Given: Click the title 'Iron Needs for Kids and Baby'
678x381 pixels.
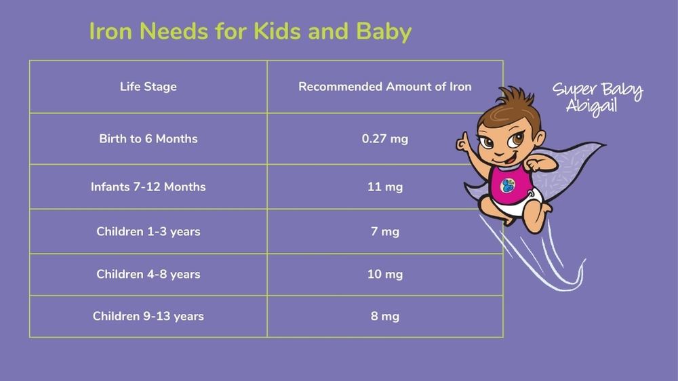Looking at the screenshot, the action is coord(250,32).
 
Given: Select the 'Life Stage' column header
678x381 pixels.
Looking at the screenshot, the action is coord(148,87).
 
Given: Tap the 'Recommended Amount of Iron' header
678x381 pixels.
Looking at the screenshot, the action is coord(385,87).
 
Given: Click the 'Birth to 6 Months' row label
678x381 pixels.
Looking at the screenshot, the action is coord(148,138).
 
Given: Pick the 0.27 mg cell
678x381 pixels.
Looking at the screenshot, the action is coord(385,139).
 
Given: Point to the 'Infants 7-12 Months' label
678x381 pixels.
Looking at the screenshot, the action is coord(148,187).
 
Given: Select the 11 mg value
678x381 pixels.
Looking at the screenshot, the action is coord(385,187).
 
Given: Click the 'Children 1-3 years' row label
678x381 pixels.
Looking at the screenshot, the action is coord(148,231).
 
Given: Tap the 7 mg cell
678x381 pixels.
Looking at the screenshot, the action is coord(385,231).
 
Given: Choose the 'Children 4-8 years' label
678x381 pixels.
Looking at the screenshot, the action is coord(148,274).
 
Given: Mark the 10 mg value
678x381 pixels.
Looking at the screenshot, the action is coord(385,274).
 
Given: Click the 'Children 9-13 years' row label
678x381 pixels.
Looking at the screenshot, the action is coord(148,316).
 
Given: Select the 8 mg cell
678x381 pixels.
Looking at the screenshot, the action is coord(385,316).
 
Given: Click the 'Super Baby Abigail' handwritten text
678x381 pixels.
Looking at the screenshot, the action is coord(598,98).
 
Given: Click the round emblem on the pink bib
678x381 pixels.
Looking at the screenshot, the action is coord(508,186).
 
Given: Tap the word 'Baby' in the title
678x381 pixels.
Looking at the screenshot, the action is coord(384,32).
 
